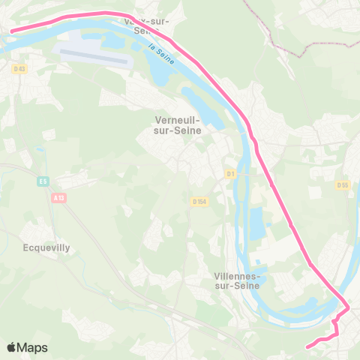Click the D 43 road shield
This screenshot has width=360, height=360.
[x=19, y=69]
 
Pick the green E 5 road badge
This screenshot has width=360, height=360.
[x=43, y=181]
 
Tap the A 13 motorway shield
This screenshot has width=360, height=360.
[x=58, y=196]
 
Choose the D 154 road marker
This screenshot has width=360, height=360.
[x=199, y=201]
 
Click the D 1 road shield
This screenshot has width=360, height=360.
[x=231, y=174]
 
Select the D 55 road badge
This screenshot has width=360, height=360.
[x=343, y=184]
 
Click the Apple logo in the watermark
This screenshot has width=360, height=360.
[x=12, y=347]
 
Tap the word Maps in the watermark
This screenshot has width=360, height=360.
[x=33, y=347]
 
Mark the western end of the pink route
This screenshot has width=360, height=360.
[x=10, y=31]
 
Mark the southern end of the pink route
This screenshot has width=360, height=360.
[x=307, y=346]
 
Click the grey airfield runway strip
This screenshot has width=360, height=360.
[x=93, y=56]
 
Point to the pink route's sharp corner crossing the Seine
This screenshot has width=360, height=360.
[x=346, y=308]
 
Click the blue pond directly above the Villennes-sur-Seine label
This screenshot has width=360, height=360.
[x=256, y=222]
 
